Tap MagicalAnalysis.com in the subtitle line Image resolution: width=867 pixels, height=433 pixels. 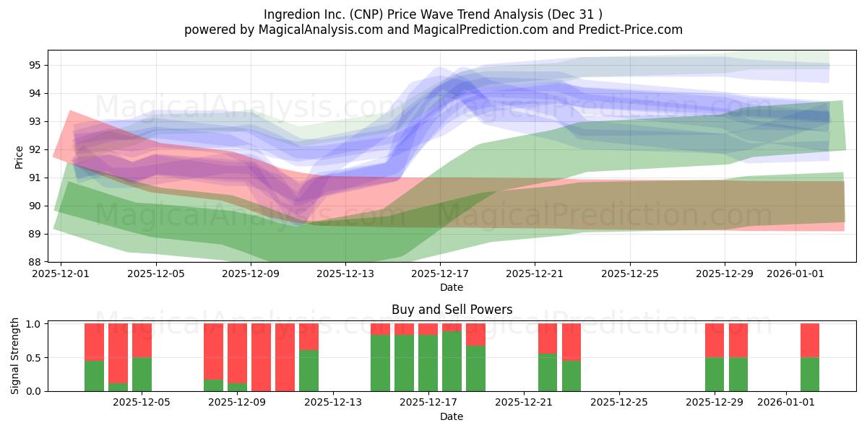click(x=321, y=30)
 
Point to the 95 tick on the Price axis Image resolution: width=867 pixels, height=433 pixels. click(x=35, y=65)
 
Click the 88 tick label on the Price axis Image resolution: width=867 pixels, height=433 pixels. click(x=35, y=262)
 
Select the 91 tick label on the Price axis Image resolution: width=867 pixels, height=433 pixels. click(x=35, y=178)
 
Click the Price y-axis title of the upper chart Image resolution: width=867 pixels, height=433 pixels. click(x=19, y=157)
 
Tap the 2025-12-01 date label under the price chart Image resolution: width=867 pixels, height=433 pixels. click(x=61, y=274)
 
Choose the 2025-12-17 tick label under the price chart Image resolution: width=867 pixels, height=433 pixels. click(x=440, y=274)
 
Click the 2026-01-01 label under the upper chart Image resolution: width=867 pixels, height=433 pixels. click(x=795, y=274)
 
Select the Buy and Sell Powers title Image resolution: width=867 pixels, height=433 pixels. click(x=452, y=310)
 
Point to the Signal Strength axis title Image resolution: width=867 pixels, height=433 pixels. click(x=14, y=356)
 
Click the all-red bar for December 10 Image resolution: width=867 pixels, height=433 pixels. click(x=262, y=357)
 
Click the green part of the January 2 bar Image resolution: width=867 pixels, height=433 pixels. click(x=810, y=375)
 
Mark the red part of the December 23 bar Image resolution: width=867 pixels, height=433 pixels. click(x=571, y=342)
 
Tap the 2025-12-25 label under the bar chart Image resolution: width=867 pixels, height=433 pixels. click(x=619, y=403)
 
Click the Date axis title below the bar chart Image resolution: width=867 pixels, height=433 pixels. click(x=452, y=417)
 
